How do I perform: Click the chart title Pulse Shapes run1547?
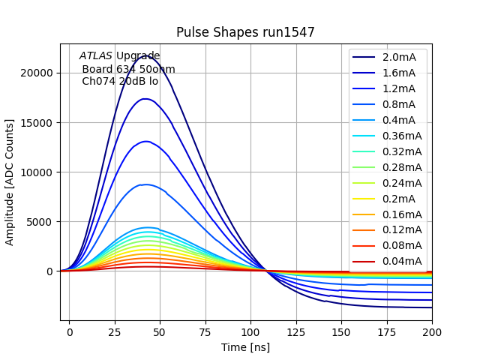(245, 32)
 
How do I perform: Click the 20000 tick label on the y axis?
(37, 73)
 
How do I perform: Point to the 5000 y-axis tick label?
(40, 222)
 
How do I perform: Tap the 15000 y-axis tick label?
(37, 123)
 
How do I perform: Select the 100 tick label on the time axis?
(250, 331)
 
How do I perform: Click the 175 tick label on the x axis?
(387, 331)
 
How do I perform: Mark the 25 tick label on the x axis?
(115, 331)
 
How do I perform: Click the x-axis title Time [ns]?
(245, 347)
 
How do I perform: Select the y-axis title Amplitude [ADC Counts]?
(10, 182)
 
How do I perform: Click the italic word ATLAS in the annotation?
(96, 55)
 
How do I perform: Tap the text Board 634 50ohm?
(128, 69)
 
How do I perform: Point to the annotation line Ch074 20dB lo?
(120, 81)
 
